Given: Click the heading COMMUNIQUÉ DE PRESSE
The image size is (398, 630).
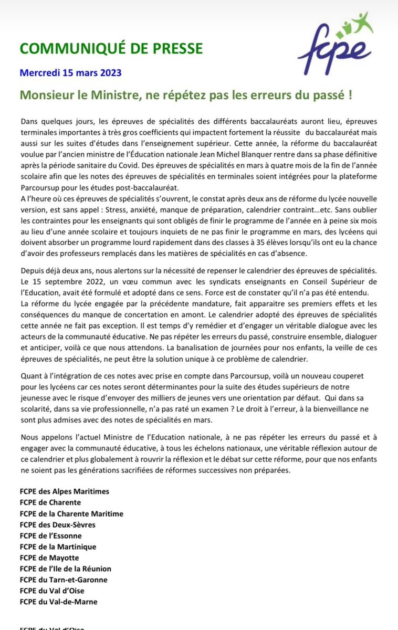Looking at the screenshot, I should coord(111,49).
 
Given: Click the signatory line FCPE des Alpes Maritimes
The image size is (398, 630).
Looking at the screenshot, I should coord(65,492).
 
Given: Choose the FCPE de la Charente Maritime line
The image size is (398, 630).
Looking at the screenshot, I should coord(71,514).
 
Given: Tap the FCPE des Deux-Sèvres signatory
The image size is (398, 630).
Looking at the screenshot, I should coord(58,524).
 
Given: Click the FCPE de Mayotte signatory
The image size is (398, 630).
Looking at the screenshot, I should coord(49,558).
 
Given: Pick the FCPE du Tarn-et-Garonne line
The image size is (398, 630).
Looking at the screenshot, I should coord(64,580).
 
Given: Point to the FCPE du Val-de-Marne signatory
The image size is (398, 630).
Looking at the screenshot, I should coord(58,602).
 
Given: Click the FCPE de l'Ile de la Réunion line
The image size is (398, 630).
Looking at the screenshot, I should coord(65,569).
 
